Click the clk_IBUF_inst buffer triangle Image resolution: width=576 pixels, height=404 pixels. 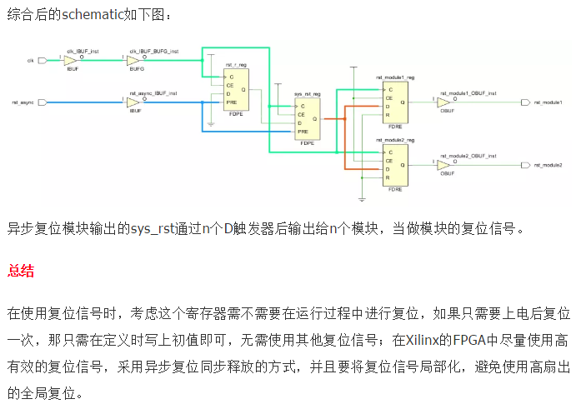pos(72,61)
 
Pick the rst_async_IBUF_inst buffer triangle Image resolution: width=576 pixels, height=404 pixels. pos(133,102)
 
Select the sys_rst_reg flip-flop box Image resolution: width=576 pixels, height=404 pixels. pos(308,119)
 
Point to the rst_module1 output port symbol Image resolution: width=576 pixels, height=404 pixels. pos(524,102)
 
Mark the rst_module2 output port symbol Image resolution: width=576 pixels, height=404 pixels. pos(524,165)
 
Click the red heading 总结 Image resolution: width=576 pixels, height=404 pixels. pos(21,270)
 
